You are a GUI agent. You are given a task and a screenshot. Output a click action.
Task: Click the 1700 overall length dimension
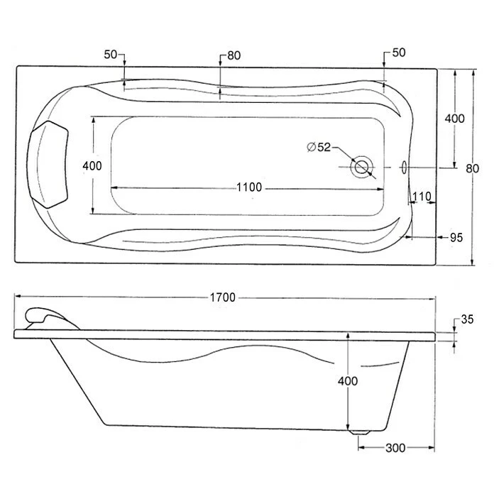[222, 297]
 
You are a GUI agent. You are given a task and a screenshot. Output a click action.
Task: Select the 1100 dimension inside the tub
[249, 187]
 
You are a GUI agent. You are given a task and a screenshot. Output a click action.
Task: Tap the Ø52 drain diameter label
[319, 147]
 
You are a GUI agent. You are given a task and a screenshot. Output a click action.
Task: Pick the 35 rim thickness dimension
[466, 319]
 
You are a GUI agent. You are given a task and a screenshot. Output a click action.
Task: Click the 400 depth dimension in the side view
[348, 380]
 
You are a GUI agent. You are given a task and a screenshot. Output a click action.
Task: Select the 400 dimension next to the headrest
[92, 165]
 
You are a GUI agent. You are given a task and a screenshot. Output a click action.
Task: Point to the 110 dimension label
[422, 196]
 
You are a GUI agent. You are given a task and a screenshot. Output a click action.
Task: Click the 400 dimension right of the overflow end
[454, 119]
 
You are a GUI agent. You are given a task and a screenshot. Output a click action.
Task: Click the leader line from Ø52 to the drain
[344, 155]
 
